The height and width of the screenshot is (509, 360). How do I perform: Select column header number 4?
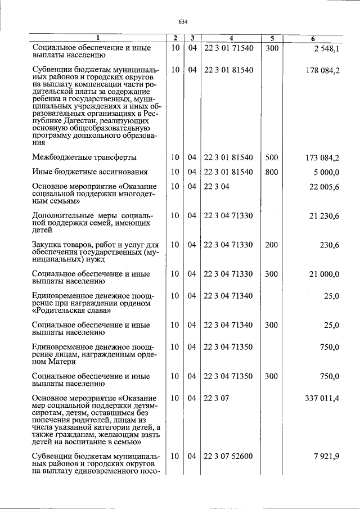point(231,38)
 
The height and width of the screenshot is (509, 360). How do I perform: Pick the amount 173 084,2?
point(322,157)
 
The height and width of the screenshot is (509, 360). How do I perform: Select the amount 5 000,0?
point(326,172)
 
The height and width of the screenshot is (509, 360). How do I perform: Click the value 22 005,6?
point(324,187)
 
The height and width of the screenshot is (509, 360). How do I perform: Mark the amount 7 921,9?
point(326,456)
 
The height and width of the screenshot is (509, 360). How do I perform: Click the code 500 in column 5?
point(272,157)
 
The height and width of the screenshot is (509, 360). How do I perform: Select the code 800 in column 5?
point(272,172)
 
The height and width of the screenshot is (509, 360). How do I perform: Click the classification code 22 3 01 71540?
point(229,48)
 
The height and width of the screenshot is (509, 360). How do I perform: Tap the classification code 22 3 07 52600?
point(229,456)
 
